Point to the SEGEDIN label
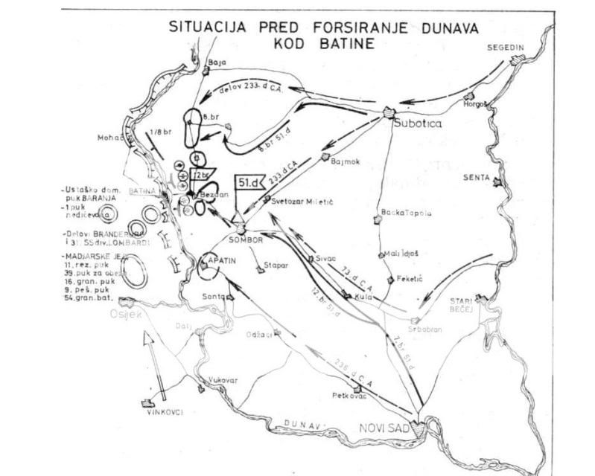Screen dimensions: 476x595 coord(506,47)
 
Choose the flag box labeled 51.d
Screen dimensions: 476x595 coord(247,181)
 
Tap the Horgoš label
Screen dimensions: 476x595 coord(474,105)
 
